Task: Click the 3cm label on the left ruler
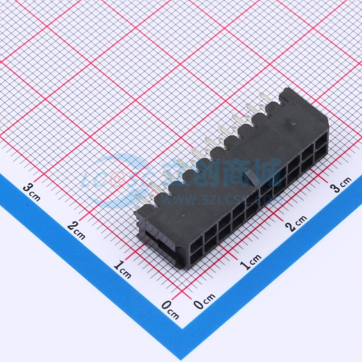[32, 192]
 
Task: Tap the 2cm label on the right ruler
[296, 223]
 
